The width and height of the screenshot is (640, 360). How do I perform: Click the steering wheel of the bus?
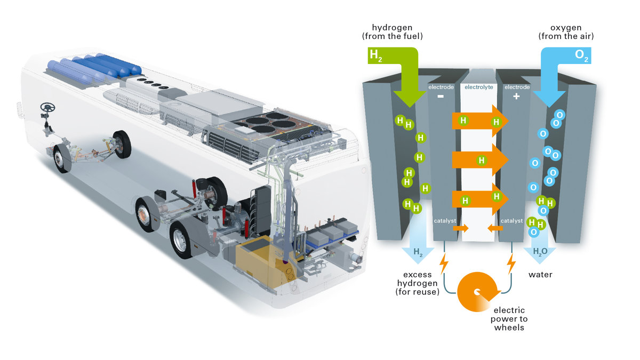coord(47,108)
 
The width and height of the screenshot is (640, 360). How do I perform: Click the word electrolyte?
coord(478,86)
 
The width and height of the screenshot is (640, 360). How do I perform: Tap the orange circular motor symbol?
coord(478,292)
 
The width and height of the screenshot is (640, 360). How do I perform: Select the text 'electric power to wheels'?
coord(509,318)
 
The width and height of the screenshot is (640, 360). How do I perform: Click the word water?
coord(540,275)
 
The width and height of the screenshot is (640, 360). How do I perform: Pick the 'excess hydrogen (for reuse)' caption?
coord(417,283)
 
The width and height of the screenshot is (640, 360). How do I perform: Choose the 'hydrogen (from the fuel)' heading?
coord(393,32)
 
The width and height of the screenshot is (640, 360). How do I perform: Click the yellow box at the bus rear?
coord(256,264)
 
